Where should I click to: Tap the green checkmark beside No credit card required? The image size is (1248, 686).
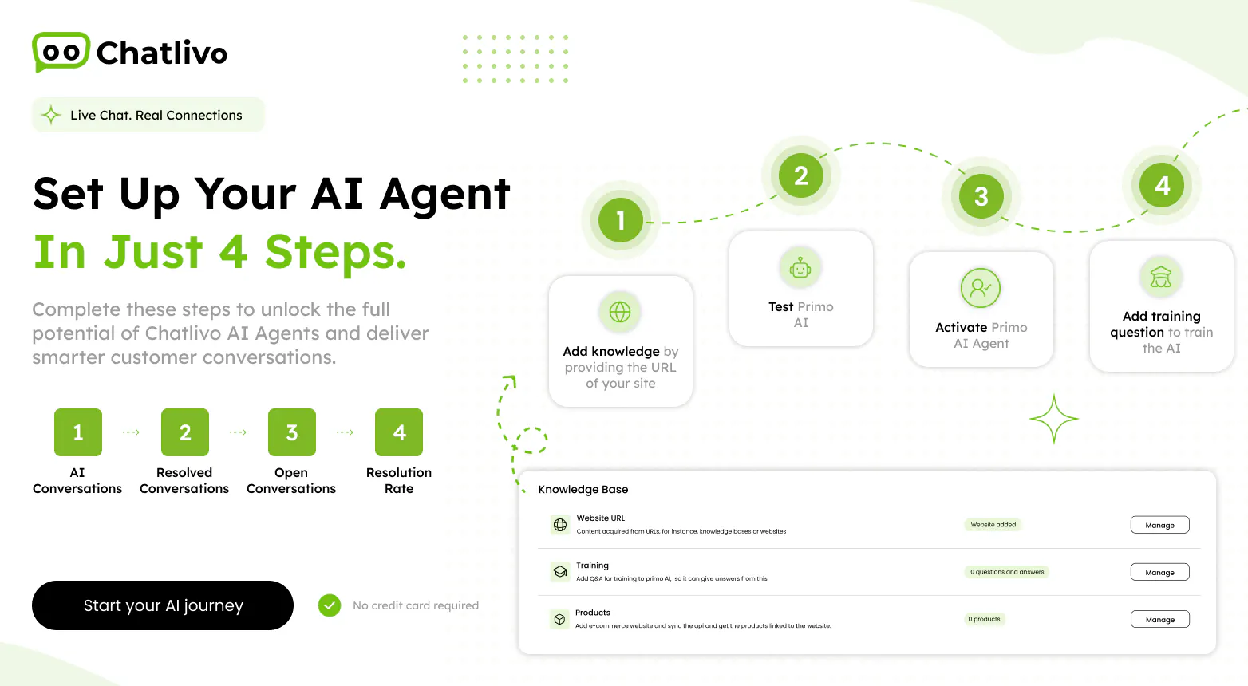pyautogui.click(x=330, y=605)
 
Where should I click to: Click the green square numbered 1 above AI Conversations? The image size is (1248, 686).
pyautogui.click(x=78, y=432)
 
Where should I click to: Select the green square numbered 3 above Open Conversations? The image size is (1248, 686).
pyautogui.click(x=292, y=432)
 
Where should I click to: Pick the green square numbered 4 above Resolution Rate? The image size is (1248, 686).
pyautogui.click(x=399, y=432)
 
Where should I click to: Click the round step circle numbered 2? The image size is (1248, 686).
pyautogui.click(x=800, y=176)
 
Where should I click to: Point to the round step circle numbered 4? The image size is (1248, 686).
pyautogui.click(x=1162, y=185)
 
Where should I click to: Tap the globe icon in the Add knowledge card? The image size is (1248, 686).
pyautogui.click(x=620, y=312)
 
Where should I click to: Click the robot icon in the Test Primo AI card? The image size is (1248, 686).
pyautogui.click(x=800, y=268)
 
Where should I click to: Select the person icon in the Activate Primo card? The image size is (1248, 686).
pyautogui.click(x=981, y=288)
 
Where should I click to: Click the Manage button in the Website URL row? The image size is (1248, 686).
pyautogui.click(x=1160, y=525)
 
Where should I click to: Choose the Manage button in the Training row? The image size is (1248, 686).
pyautogui.click(x=1160, y=573)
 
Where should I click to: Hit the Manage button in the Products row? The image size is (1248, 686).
pyautogui.click(x=1160, y=620)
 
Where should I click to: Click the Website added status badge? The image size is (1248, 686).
pyautogui.click(x=993, y=525)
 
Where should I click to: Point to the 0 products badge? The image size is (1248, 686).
pyautogui.click(x=985, y=619)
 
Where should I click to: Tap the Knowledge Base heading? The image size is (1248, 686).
pyautogui.click(x=583, y=489)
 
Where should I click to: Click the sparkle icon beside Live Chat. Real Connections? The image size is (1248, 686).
pyautogui.click(x=51, y=115)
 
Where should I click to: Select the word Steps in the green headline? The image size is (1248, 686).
pyautogui.click(x=335, y=252)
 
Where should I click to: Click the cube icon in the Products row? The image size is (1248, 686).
pyautogui.click(x=559, y=619)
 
